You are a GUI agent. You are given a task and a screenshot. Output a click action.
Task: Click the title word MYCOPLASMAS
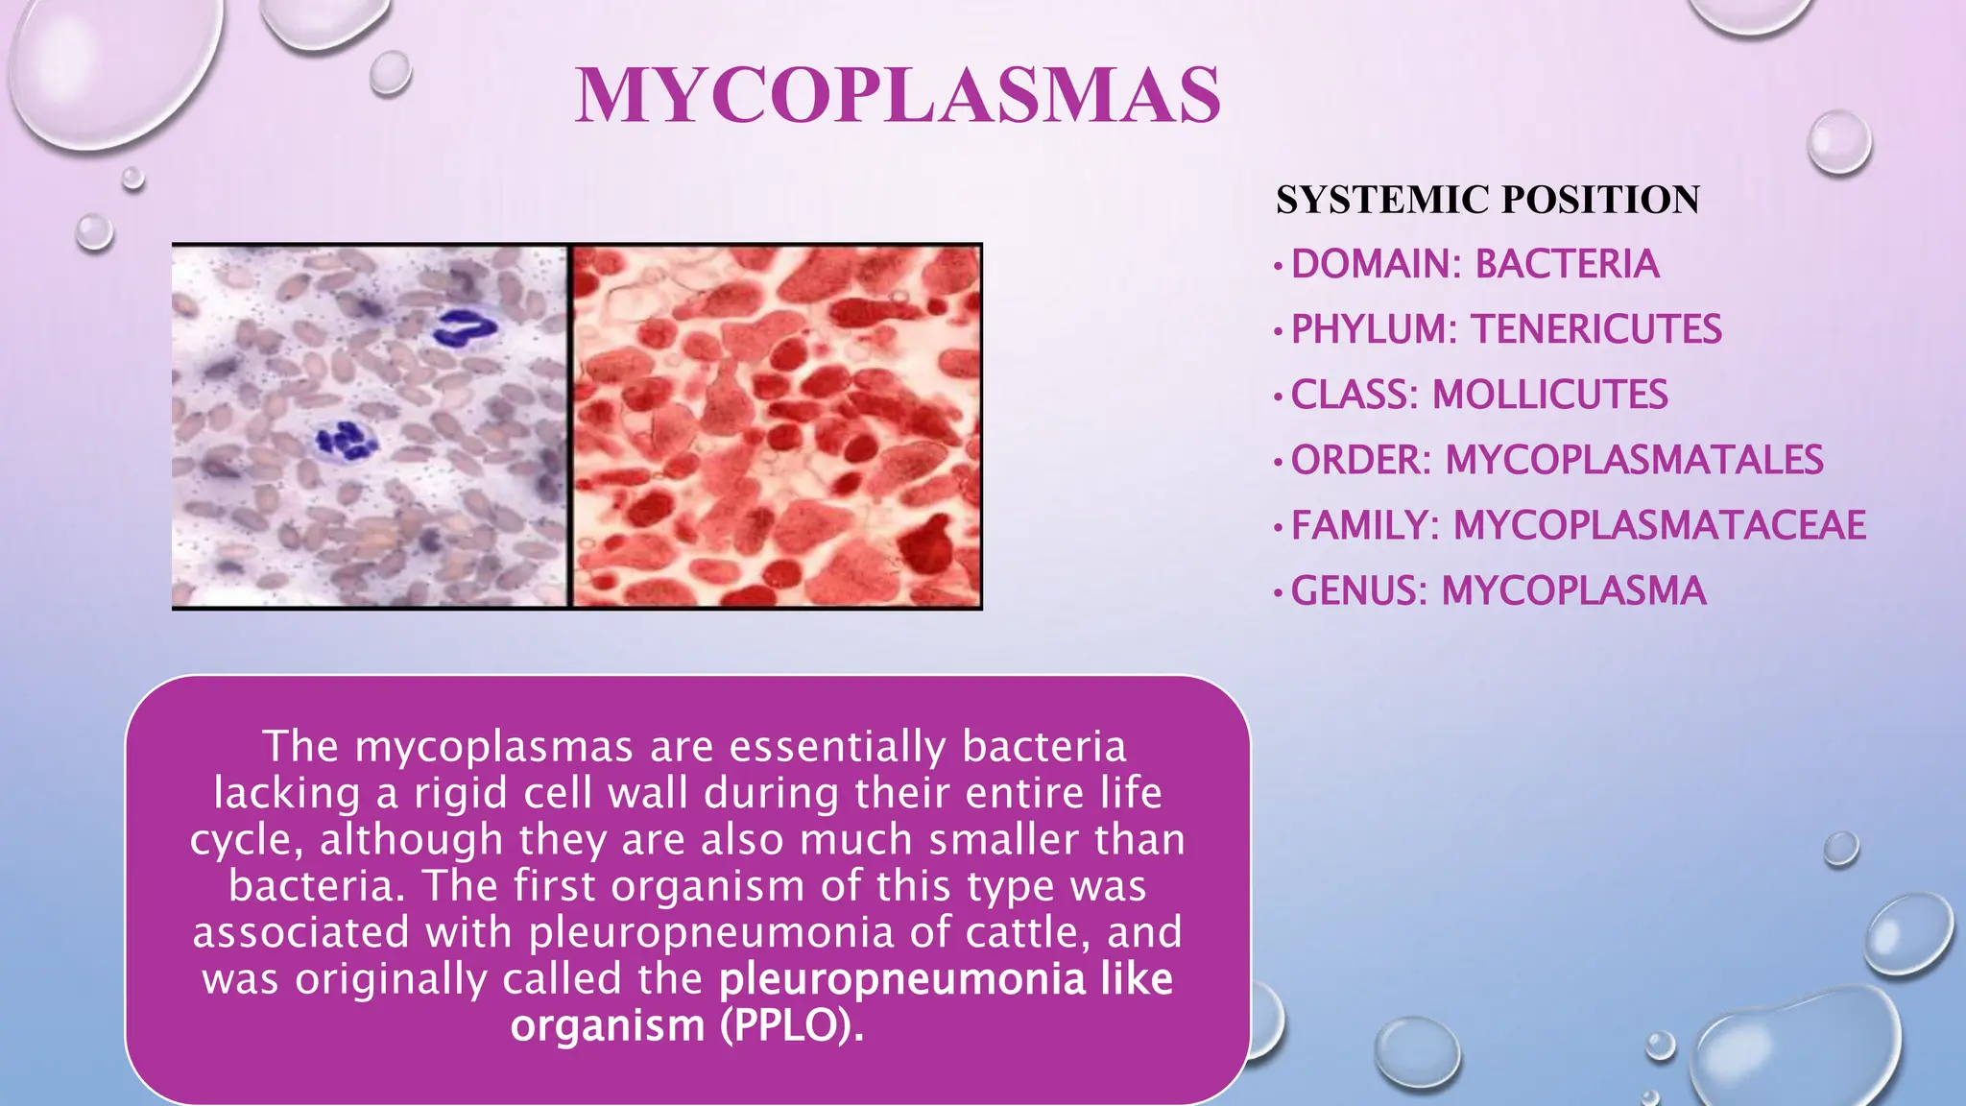898,96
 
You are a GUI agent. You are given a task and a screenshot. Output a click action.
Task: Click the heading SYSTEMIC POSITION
1487,200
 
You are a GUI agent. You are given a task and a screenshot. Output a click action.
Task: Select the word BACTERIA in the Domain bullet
1567,264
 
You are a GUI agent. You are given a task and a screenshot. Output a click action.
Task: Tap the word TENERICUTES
1596,329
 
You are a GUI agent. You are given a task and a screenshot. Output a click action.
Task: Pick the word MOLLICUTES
1549,395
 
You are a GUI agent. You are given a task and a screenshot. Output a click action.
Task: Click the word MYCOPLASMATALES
1634,460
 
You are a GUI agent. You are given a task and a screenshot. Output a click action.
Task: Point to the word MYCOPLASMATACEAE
1659,525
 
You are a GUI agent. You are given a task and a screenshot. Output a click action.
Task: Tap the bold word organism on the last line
608,1025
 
